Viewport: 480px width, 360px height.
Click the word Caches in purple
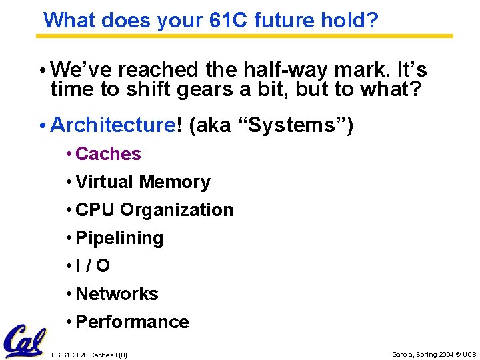[x=108, y=154]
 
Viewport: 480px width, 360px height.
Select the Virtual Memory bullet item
[x=143, y=182]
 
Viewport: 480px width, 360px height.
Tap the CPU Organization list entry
[x=154, y=210]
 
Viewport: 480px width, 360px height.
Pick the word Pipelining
[x=119, y=238]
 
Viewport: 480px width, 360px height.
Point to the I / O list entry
[x=93, y=266]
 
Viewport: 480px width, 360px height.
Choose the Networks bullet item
[x=117, y=294]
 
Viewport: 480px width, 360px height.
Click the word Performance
[x=132, y=322]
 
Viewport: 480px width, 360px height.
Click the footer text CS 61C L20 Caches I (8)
[x=89, y=355]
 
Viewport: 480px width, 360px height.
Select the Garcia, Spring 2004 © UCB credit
[x=434, y=354]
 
